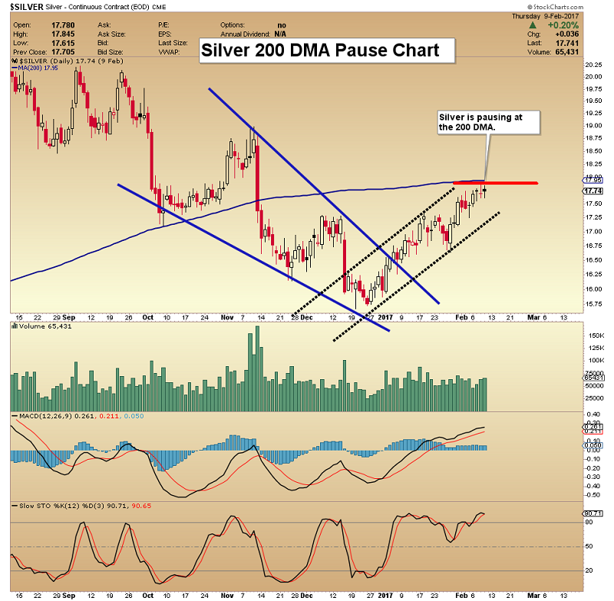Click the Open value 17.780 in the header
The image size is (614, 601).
coord(63,24)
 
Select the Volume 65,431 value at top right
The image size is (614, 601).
coord(585,52)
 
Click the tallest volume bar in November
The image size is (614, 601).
coord(251,368)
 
